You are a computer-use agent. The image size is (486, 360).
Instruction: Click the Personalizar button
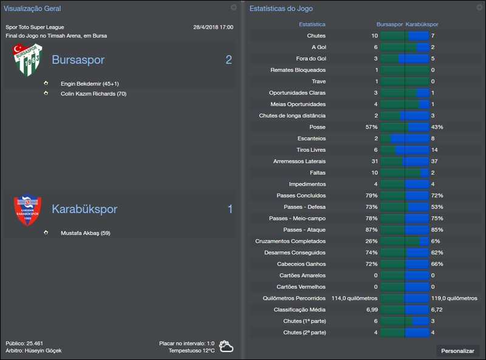click(458, 351)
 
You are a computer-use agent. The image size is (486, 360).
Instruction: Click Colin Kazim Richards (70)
click(94, 93)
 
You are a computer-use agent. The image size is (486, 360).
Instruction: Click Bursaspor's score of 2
click(228, 60)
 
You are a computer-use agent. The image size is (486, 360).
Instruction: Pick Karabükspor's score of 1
click(230, 209)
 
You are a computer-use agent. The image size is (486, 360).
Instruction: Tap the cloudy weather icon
click(227, 347)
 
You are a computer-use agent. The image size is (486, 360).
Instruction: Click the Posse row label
click(317, 127)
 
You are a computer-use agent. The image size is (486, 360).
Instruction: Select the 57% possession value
click(371, 127)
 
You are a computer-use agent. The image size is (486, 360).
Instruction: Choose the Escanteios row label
click(311, 138)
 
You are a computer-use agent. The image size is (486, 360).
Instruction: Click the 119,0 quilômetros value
click(454, 298)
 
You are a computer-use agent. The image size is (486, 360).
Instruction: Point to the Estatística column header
click(312, 24)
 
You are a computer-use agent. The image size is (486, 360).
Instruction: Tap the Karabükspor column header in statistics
click(422, 24)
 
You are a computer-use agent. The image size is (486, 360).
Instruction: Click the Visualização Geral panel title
click(32, 8)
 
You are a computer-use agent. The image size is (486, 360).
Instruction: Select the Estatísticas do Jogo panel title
click(281, 8)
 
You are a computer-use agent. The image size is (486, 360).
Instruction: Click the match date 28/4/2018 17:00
click(213, 27)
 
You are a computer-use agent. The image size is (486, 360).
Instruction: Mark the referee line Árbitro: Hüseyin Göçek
click(33, 350)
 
